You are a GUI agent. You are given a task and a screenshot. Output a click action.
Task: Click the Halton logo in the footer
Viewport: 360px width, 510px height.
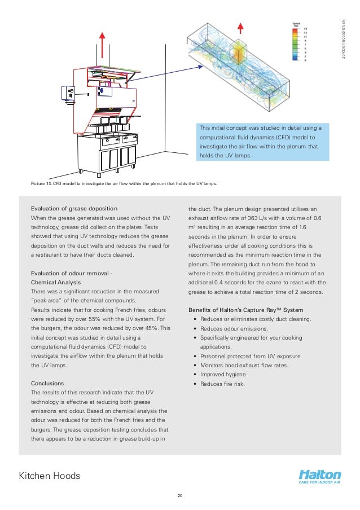[320, 477]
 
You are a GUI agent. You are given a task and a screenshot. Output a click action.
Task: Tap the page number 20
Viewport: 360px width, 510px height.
[180, 496]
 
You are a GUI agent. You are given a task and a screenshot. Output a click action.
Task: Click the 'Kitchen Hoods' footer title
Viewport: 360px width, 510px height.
[50, 476]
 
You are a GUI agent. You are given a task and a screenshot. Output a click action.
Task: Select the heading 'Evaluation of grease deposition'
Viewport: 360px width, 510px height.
[74, 209]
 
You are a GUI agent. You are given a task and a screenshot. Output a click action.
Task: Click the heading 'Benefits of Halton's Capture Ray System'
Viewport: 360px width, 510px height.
[245, 310]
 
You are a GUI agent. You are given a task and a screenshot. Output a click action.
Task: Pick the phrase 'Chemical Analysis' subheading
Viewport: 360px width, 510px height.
[56, 282]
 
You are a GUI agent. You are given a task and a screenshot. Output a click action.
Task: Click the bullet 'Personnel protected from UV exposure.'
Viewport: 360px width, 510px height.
[251, 356]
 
